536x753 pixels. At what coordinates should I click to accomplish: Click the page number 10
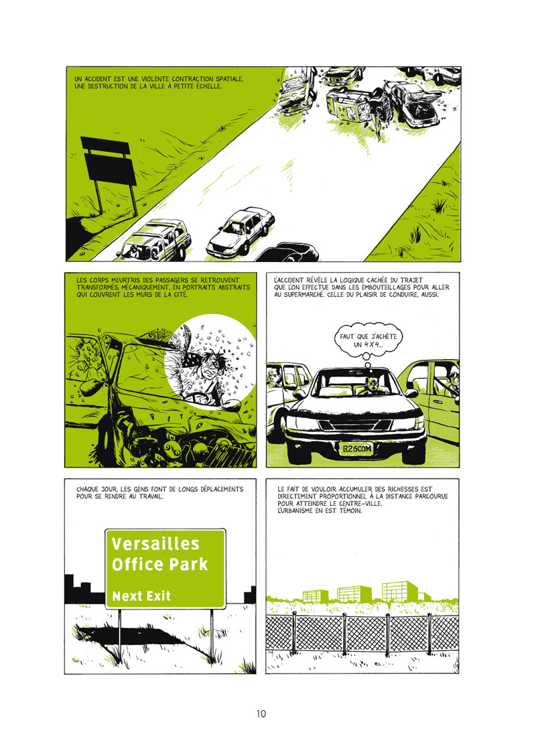point(261,713)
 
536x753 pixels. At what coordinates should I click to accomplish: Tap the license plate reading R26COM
point(356,449)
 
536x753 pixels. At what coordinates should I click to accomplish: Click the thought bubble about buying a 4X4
point(368,340)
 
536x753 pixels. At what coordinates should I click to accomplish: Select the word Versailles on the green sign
point(155,543)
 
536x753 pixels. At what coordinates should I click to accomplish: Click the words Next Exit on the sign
point(141,596)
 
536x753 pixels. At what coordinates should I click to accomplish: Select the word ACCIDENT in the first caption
point(98,79)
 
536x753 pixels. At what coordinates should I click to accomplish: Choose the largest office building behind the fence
point(399,591)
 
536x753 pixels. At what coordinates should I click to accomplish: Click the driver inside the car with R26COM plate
point(370,386)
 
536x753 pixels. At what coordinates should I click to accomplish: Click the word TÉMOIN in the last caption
point(348,510)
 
